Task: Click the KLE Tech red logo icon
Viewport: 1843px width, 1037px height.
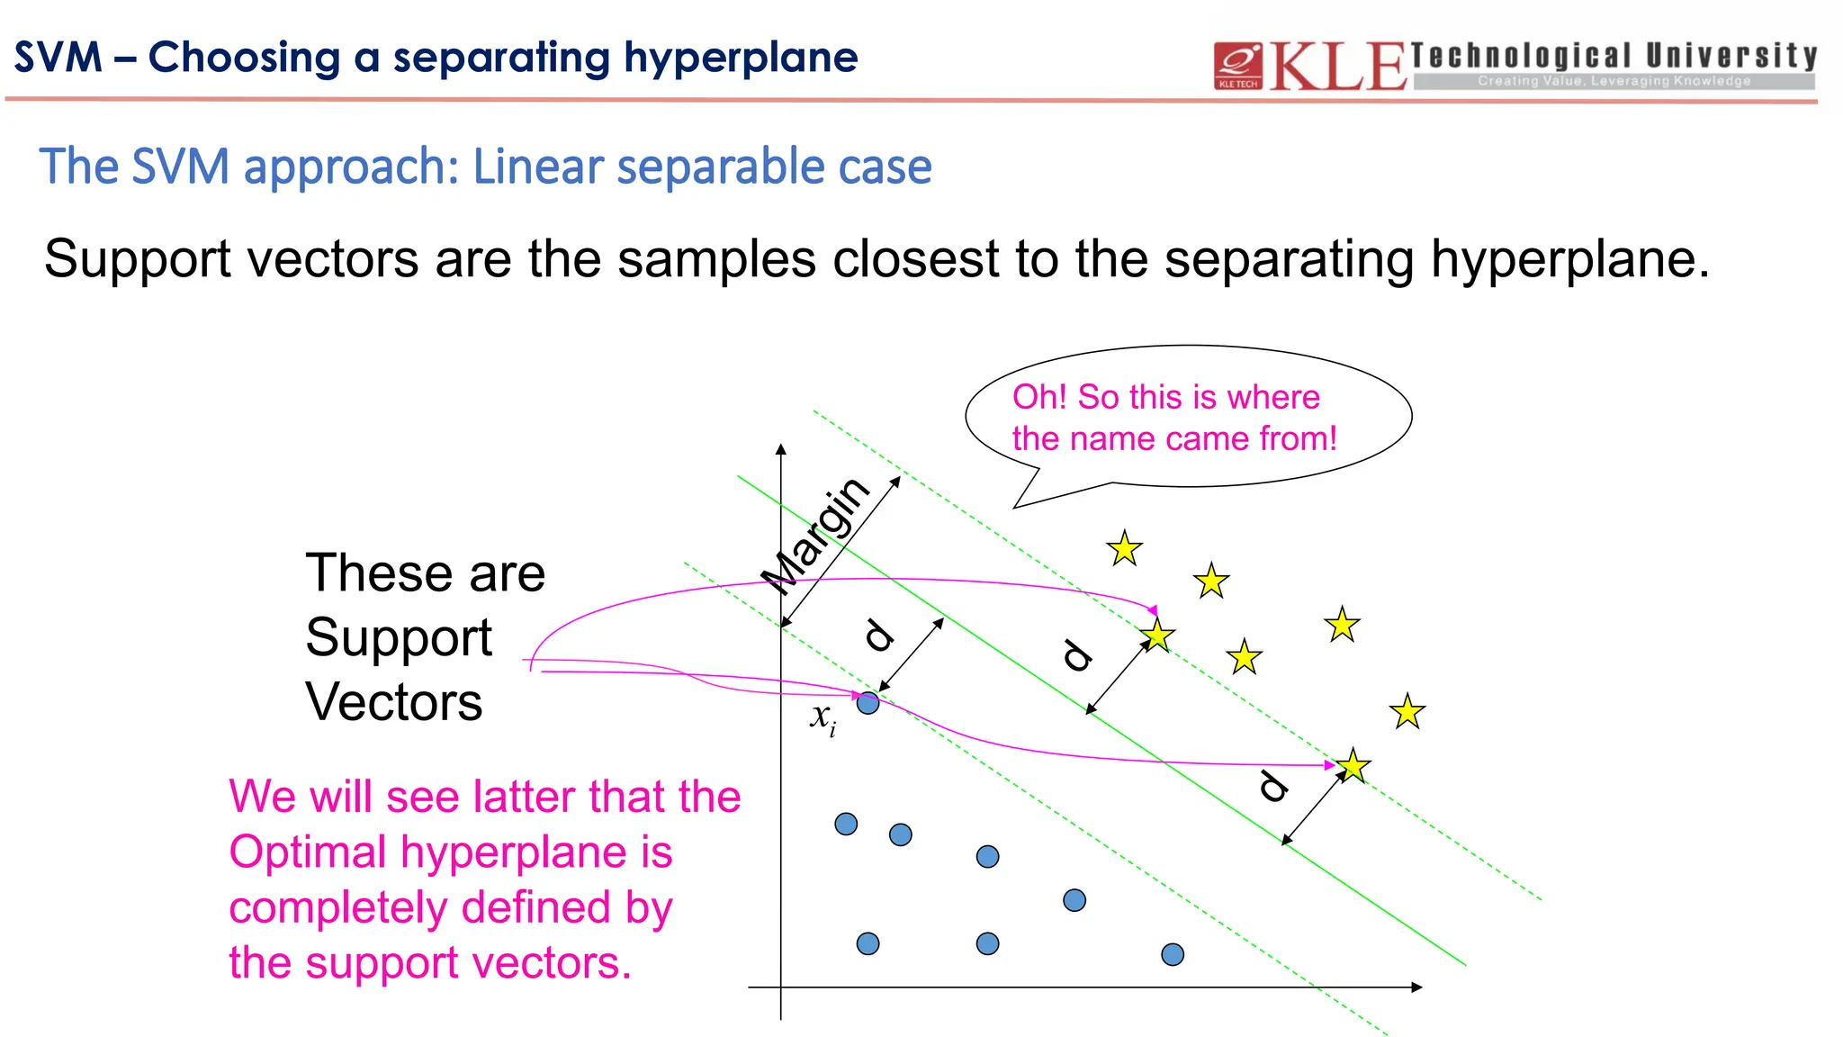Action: coord(1238,65)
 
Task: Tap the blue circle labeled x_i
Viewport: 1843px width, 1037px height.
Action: coord(868,703)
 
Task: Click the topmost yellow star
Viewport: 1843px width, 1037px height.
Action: coord(1125,548)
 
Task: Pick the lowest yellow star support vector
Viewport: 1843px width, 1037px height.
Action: coord(1353,766)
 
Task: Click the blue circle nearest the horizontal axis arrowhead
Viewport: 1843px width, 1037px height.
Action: coord(1173,954)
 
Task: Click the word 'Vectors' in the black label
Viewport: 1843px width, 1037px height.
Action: coord(394,702)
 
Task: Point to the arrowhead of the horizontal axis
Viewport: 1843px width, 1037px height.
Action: coord(1416,987)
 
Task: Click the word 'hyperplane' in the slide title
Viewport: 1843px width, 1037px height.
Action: coord(741,58)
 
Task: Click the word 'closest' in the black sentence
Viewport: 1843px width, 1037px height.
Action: coord(915,259)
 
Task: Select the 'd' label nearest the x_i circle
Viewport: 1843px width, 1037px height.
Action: coord(879,635)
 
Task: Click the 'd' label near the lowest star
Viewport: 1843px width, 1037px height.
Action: coord(1272,786)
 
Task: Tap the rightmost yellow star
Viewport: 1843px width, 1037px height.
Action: coord(1407,712)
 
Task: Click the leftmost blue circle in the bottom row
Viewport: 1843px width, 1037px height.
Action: coord(868,943)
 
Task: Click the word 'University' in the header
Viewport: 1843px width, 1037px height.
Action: coord(1731,56)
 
